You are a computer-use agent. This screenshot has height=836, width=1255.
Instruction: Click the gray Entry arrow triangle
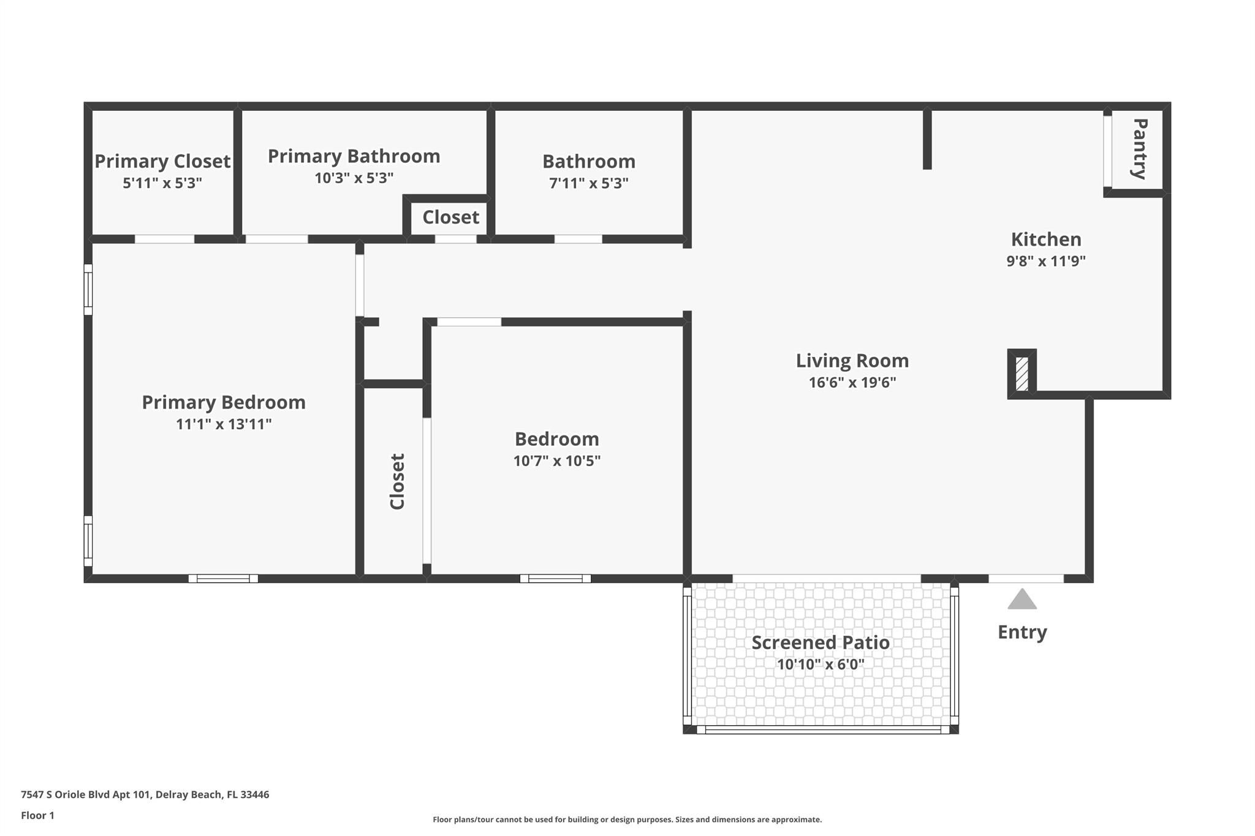click(x=1022, y=600)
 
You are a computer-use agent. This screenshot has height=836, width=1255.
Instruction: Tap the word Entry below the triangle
click(x=1022, y=632)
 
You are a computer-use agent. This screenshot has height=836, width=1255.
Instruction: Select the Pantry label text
click(x=1139, y=149)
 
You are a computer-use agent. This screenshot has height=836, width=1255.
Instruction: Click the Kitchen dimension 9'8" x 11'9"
click(x=1046, y=262)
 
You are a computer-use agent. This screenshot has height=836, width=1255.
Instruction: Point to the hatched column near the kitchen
click(x=1022, y=374)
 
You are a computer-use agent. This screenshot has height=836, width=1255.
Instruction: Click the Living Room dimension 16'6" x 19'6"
click(x=852, y=383)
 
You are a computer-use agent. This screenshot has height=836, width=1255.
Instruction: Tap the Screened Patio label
click(x=821, y=642)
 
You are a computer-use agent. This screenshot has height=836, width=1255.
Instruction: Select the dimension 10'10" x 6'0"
click(x=821, y=665)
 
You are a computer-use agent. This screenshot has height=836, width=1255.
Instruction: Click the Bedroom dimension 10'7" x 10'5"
click(x=556, y=461)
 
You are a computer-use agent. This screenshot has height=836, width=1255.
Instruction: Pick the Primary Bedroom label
click(x=224, y=402)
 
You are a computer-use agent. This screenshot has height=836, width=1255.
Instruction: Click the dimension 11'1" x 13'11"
click(x=224, y=424)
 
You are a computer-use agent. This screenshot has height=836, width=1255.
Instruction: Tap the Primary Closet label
click(x=162, y=161)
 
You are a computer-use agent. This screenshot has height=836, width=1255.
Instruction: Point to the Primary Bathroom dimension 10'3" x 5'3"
click(x=354, y=178)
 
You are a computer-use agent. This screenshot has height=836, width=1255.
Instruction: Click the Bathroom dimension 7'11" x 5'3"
click(x=589, y=183)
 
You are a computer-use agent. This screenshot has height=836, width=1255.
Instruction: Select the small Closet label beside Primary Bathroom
click(x=450, y=217)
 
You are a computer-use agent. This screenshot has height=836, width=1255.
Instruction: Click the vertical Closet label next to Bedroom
click(x=398, y=481)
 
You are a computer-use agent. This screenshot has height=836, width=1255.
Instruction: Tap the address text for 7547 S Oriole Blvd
click(x=145, y=794)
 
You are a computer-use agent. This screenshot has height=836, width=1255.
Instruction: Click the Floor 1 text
click(x=38, y=815)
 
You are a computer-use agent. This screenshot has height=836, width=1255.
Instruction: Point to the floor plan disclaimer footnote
click(x=627, y=819)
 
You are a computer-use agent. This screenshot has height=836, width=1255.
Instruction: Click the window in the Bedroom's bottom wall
click(x=555, y=578)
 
